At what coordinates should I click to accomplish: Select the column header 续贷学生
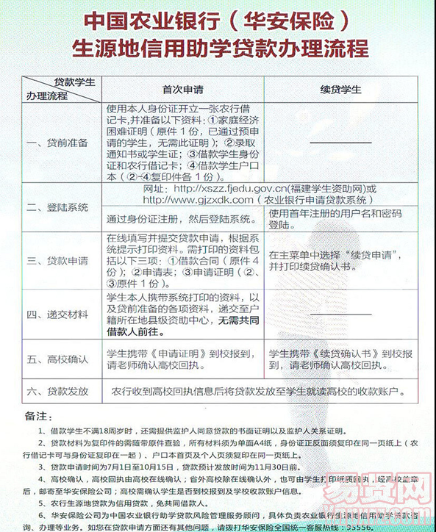click(341, 90)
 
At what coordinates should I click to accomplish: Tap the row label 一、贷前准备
click(57, 142)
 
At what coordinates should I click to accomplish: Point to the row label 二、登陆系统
click(57, 208)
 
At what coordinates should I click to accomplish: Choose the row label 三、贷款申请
click(57, 260)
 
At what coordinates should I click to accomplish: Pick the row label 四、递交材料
click(57, 314)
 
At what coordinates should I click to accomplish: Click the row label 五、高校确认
click(57, 359)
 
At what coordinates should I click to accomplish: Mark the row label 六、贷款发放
click(57, 390)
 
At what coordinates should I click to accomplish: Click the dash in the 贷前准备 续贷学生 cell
click(340, 142)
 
